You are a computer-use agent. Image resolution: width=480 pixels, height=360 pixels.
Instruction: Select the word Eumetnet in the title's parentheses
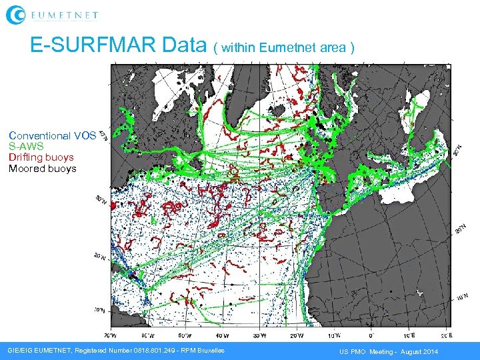[x=283, y=47]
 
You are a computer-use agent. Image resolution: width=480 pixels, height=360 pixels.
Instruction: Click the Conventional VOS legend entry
[x=52, y=135]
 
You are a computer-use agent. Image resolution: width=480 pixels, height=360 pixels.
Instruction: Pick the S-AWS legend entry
[x=26, y=146]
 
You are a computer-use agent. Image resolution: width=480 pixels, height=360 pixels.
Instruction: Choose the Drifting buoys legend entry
[x=41, y=157]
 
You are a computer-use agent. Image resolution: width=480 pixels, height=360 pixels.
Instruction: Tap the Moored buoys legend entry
[x=42, y=169]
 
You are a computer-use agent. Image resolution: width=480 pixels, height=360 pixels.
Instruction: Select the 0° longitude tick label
[x=371, y=335]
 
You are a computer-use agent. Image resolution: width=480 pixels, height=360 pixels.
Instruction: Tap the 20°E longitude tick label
[x=446, y=335]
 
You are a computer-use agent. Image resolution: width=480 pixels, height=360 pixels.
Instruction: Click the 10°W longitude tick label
[x=334, y=335]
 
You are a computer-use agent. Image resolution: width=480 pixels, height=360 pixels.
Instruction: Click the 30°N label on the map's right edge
[x=459, y=151]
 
